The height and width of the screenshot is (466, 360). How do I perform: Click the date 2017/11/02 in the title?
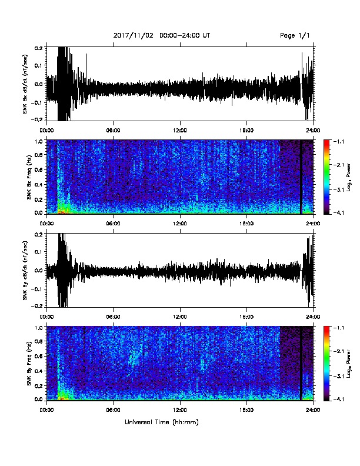click(133, 36)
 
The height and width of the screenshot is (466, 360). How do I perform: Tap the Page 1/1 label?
click(294, 36)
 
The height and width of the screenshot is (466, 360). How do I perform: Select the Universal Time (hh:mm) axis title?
click(161, 422)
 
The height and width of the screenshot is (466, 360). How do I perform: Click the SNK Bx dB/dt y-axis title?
click(25, 84)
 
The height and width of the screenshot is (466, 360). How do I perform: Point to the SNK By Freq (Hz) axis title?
click(29, 364)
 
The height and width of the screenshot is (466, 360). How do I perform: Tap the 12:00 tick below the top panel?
click(180, 131)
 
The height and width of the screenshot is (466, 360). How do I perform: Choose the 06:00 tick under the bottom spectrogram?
click(113, 410)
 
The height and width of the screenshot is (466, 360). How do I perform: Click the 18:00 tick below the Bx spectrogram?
click(246, 224)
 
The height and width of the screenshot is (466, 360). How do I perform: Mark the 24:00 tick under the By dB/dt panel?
click(314, 317)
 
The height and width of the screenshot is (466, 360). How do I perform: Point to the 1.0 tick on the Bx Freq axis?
click(39, 141)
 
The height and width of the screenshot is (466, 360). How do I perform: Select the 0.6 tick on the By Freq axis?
click(39, 356)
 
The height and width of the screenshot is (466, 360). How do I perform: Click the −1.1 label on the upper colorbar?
click(338, 142)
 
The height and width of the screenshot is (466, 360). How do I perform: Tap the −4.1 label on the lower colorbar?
click(338, 399)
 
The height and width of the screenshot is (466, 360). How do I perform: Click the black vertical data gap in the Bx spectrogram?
click(301, 177)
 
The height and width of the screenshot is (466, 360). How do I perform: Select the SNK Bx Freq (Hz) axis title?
click(29, 178)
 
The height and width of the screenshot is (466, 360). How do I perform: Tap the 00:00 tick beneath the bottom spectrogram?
click(46, 410)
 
